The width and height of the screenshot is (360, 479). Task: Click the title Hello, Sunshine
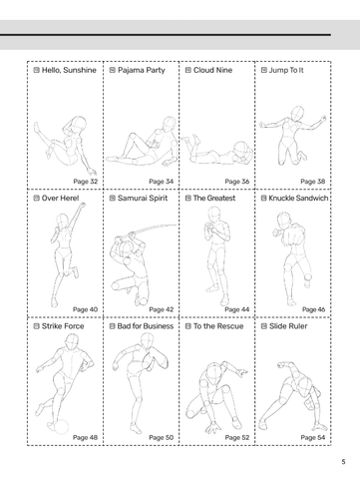point(69,70)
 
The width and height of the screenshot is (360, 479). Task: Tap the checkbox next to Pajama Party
point(113,70)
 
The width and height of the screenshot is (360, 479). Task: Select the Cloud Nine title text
point(212,70)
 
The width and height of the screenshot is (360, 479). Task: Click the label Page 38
point(312,182)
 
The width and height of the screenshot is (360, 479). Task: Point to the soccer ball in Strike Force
point(61,427)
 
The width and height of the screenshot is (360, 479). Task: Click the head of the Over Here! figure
point(62,221)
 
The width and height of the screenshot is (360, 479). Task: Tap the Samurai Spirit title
point(143,198)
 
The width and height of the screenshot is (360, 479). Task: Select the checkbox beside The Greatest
point(188,198)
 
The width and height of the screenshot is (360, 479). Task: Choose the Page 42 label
point(162,309)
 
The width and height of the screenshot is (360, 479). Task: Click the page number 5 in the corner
point(343,462)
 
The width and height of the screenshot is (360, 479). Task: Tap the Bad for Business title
point(146,326)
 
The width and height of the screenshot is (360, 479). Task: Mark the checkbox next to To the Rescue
point(188,326)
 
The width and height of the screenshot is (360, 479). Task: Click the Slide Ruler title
point(288,326)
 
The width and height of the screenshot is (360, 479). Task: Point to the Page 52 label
point(237,437)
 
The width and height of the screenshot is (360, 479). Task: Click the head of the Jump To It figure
point(297,113)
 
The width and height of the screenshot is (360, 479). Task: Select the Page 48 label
point(85,437)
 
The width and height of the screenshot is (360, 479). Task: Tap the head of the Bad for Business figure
point(147,340)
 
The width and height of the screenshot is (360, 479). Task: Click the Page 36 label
point(237,182)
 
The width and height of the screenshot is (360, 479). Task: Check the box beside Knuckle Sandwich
point(264,198)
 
